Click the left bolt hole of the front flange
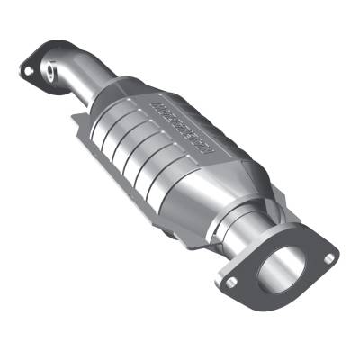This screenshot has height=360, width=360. pyautogui.click(x=232, y=285)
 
